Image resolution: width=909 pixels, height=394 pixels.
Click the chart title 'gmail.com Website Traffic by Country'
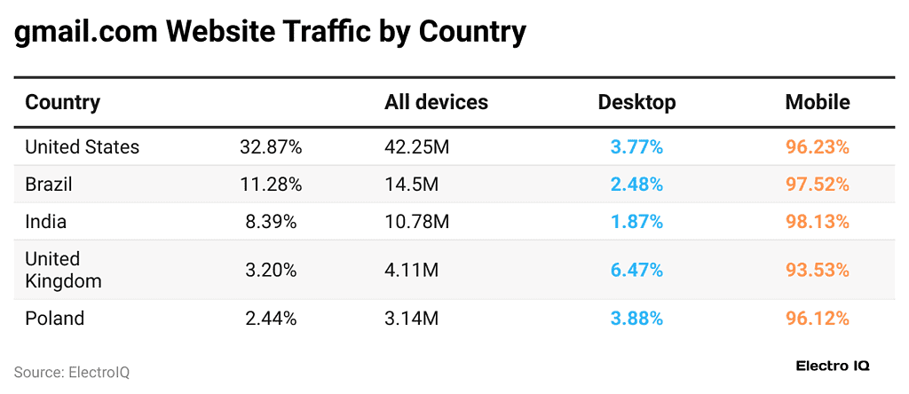pos(270,32)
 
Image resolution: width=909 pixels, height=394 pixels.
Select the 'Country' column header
pos(62,102)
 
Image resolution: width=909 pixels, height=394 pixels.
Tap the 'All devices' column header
pos(436,102)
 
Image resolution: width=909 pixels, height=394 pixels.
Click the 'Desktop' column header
pos(636,102)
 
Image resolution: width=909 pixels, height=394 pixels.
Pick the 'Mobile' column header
pos(817,102)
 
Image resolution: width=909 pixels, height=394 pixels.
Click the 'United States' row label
pos(82,147)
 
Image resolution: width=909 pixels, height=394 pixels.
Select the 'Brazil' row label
pos(49,185)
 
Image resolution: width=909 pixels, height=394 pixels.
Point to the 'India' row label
pos(45,222)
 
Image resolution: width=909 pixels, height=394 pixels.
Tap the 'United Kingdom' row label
pos(63,270)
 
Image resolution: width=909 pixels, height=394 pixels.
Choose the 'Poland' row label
pos(54,318)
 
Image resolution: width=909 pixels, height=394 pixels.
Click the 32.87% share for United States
pos(271,147)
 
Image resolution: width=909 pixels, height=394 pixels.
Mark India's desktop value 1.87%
pos(636,222)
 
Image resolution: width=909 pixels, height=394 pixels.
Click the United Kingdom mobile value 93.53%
pos(817,270)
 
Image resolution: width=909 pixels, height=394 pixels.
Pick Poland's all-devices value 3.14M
pos(411,318)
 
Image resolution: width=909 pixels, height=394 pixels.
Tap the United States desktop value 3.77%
pos(636,147)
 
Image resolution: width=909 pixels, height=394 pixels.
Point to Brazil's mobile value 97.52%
pos(817,185)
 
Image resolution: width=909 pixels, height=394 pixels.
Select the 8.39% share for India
pos(271,222)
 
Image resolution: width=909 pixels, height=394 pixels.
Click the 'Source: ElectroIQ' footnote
pos(72,373)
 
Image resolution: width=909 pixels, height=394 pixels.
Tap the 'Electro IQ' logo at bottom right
pos(833,366)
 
